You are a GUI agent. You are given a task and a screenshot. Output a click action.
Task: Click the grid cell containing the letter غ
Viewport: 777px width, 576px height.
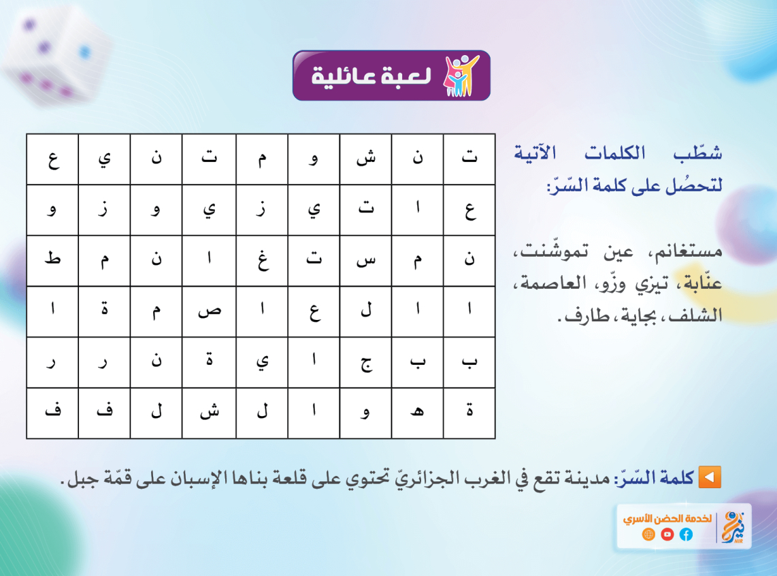[x=262, y=260]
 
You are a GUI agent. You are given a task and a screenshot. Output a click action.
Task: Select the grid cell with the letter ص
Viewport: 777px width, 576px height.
[x=209, y=311]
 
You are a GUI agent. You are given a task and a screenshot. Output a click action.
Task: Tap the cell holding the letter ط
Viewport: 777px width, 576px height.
[x=52, y=260]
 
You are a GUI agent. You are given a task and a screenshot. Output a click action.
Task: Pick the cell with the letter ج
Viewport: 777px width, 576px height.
[x=365, y=362]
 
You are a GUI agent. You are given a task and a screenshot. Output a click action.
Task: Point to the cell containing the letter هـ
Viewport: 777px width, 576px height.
[x=417, y=413]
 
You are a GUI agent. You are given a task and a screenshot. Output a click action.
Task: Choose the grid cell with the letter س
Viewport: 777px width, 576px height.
[x=365, y=260]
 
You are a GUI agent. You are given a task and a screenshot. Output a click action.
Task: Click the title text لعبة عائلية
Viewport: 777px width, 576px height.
[x=371, y=76]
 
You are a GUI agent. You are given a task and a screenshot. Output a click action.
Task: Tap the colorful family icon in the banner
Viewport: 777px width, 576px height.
[x=461, y=76]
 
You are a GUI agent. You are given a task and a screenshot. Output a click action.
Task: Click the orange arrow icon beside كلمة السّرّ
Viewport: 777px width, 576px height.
[x=710, y=477]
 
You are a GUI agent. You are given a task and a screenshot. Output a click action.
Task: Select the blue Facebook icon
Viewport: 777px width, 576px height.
[x=686, y=534]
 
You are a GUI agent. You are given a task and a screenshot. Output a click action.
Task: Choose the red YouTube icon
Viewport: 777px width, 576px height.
[x=667, y=534]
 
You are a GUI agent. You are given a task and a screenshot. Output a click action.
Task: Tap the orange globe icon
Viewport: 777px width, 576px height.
[x=648, y=534]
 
